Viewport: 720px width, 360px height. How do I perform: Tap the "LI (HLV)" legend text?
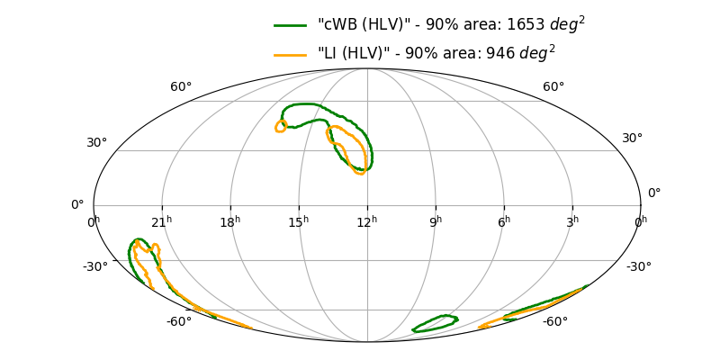point(350,54)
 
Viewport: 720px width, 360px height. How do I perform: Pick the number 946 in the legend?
point(500,54)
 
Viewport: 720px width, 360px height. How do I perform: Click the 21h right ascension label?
point(162,221)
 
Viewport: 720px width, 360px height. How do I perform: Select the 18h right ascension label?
point(230,221)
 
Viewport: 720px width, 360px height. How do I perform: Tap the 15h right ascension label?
point(299,221)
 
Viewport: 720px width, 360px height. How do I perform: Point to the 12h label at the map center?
point(367,221)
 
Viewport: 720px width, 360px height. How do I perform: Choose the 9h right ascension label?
point(436,221)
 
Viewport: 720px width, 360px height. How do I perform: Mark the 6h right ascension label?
point(504,221)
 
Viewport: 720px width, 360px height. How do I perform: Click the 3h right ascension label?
point(572,221)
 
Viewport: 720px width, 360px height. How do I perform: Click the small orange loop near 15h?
point(281,127)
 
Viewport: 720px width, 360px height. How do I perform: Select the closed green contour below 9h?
point(436,324)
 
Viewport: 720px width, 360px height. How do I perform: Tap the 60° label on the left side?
point(181,87)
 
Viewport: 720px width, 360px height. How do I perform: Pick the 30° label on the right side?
point(632,139)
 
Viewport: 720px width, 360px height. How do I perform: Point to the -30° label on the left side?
point(95,266)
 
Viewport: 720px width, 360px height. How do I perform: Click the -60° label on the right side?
point(554,321)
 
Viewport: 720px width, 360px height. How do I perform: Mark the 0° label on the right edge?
point(654,193)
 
